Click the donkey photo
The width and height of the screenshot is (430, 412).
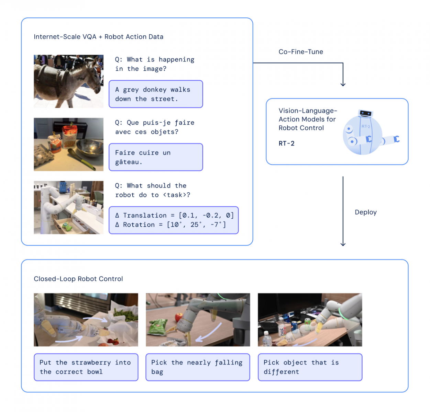pos(68,81)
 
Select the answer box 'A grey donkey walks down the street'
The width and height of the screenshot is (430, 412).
pos(156,94)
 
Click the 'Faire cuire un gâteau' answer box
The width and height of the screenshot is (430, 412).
pos(156,157)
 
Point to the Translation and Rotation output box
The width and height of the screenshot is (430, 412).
pos(174,220)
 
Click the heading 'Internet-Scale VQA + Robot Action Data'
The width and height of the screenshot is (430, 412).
pos(98,37)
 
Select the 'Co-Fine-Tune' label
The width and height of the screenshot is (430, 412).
pos(301,52)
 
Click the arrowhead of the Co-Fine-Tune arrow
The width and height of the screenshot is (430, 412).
pos(343,84)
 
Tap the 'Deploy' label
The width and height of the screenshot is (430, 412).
pos(365,212)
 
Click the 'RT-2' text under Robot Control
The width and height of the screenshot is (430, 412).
pos(286,144)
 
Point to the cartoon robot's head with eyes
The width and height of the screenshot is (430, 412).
pos(365,113)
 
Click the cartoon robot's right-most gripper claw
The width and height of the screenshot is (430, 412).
pos(396,139)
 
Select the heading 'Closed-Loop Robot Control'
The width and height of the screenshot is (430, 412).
pos(78,279)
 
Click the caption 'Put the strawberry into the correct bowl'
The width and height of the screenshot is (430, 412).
pos(86,367)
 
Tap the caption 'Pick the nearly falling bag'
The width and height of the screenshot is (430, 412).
pos(198,367)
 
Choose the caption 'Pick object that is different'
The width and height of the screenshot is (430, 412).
pos(310,367)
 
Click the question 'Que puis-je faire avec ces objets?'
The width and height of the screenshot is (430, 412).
pos(155,127)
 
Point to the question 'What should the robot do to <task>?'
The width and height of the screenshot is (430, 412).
pos(152,190)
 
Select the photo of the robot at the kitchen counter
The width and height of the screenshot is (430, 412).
pos(68,207)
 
